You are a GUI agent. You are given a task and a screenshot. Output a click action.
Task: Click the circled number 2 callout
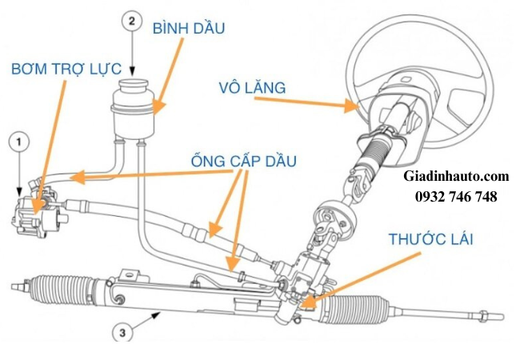pos(131,22)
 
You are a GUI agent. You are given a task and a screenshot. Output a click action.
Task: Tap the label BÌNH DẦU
pos(188,29)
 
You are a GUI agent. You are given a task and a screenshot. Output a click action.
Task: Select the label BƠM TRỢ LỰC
pos(66,69)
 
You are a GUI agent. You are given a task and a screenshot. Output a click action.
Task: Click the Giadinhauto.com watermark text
pos(456,175)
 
